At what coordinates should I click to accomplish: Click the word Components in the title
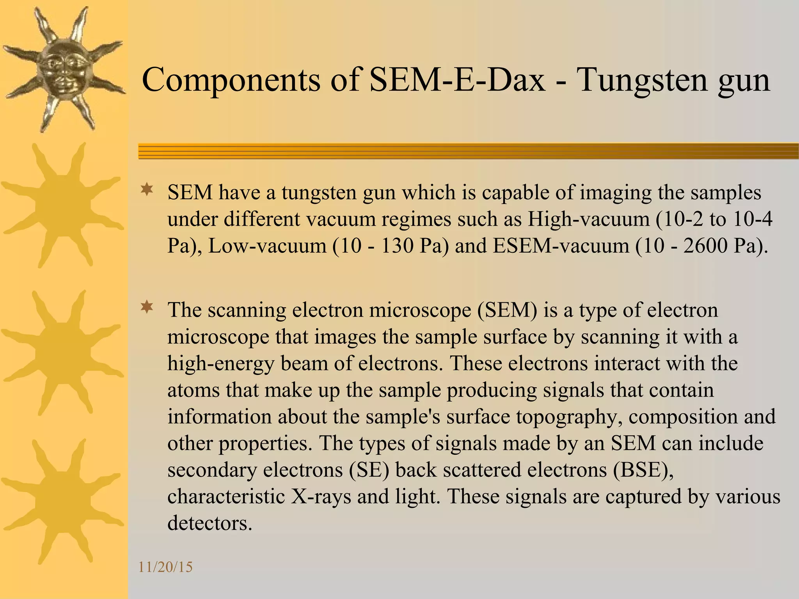pyautogui.click(x=231, y=80)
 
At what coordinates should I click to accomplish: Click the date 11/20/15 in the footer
pyautogui.click(x=165, y=567)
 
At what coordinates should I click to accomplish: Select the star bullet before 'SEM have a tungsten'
pyautogui.click(x=147, y=190)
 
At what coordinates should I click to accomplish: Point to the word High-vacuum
pyautogui.click(x=588, y=219)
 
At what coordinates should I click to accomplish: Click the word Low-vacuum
pyautogui.click(x=267, y=246)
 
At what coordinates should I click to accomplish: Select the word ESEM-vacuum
pyautogui.click(x=561, y=246)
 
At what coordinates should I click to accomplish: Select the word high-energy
pyautogui.click(x=221, y=364)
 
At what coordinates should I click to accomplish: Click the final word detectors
pyautogui.click(x=210, y=523)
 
